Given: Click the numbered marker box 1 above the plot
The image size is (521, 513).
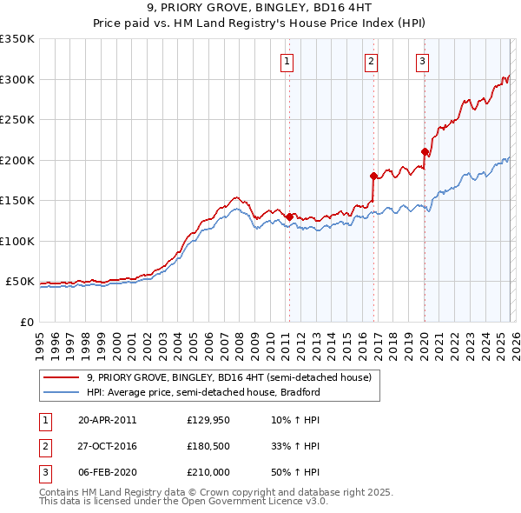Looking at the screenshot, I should [x=287, y=61].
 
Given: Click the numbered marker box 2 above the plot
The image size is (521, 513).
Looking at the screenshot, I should [x=371, y=61].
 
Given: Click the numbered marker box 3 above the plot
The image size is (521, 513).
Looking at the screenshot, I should [x=422, y=61].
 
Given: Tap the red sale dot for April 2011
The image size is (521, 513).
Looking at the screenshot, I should [x=289, y=217].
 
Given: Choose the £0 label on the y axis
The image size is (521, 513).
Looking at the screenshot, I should [x=26, y=322].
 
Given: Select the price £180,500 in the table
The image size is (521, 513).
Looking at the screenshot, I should [x=208, y=446].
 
